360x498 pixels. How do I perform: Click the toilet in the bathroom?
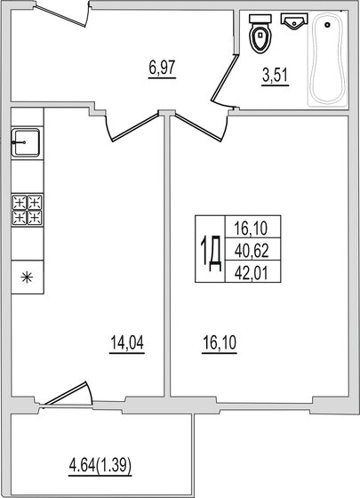click(260, 34)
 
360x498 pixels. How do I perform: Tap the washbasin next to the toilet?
click(294, 21)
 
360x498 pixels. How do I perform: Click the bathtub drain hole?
click(328, 25)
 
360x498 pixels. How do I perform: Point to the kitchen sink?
click(26, 142)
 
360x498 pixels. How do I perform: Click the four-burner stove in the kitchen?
click(27, 210)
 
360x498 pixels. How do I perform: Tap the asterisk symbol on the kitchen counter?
click(27, 277)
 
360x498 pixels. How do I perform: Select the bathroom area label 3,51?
click(276, 76)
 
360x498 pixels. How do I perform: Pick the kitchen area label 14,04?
click(127, 344)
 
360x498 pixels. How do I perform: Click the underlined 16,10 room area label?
click(220, 344)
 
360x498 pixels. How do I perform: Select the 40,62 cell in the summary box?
click(252, 251)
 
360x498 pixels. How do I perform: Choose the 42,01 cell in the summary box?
click(252, 273)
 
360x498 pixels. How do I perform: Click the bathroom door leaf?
click(225, 78)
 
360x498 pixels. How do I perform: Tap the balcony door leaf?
click(65, 393)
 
